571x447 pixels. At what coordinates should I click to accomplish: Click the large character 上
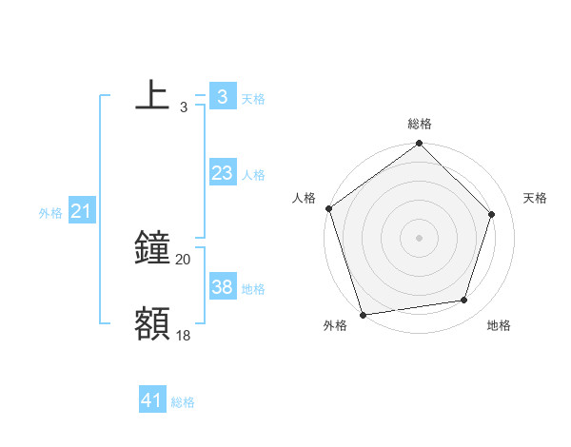pyautogui.click(x=152, y=95)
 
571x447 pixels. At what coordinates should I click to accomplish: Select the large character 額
pyautogui.click(x=152, y=323)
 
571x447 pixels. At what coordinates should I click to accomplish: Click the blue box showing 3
pyautogui.click(x=222, y=96)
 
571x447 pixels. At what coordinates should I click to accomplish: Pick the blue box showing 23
pyautogui.click(x=222, y=173)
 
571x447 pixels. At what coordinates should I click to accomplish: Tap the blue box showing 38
pyautogui.click(x=222, y=287)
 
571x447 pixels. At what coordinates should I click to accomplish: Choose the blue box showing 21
pyautogui.click(x=81, y=212)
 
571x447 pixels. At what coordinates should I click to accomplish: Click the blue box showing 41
pyautogui.click(x=152, y=401)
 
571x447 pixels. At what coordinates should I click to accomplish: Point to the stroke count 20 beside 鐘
pyautogui.click(x=184, y=260)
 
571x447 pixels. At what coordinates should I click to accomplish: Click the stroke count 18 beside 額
pyautogui.click(x=184, y=334)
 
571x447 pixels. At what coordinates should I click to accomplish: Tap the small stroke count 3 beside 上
pyautogui.click(x=183, y=107)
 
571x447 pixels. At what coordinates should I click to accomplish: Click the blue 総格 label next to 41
pyautogui.click(x=183, y=403)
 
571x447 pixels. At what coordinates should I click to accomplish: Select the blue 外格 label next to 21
pyautogui.click(x=50, y=213)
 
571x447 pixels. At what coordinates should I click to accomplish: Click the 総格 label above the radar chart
pyautogui.click(x=419, y=124)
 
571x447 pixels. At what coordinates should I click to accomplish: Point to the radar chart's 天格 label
pyautogui.click(x=536, y=198)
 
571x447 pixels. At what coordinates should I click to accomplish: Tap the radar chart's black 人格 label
pyautogui.click(x=304, y=198)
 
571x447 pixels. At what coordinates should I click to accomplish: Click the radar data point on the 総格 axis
pyautogui.click(x=419, y=145)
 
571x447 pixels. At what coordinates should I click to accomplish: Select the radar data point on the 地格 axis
pyautogui.click(x=464, y=301)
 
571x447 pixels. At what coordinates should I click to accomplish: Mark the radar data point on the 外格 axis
pyautogui.click(x=363, y=314)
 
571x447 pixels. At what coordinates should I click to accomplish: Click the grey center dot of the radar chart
pyautogui.click(x=419, y=237)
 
